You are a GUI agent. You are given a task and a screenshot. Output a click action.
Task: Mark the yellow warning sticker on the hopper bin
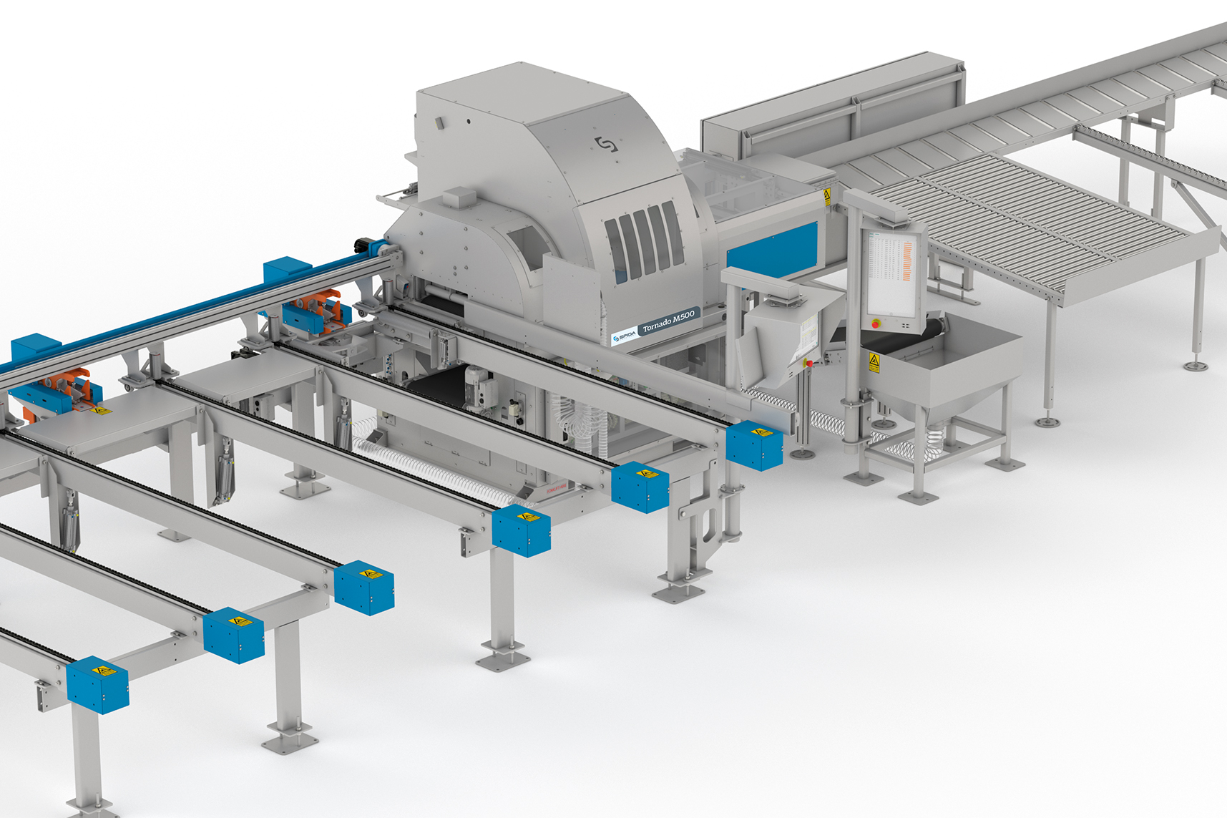point(874,361)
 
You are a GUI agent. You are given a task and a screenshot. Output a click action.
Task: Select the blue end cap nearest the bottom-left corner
point(97,685)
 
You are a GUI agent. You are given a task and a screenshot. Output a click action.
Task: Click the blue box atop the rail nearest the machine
point(288,271)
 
